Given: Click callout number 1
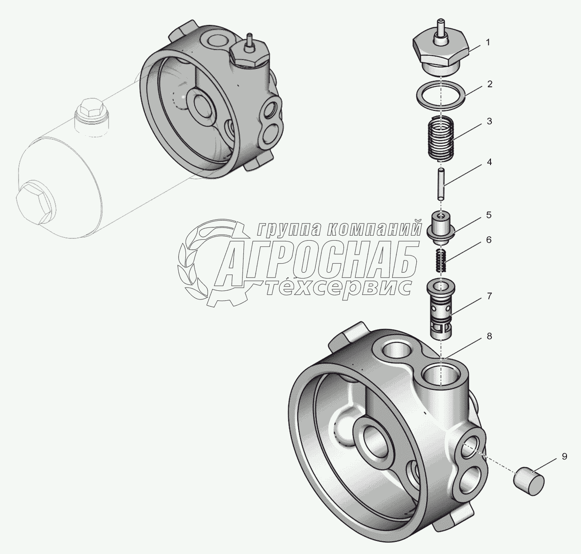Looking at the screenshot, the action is pos(488,43).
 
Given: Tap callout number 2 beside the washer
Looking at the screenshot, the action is pos(490,84).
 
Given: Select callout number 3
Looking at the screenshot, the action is pos(490,122).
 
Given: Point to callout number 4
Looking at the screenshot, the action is pos(490,162).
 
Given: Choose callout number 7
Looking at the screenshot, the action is pos(490,296).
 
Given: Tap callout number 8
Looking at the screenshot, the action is pos(489,336).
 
